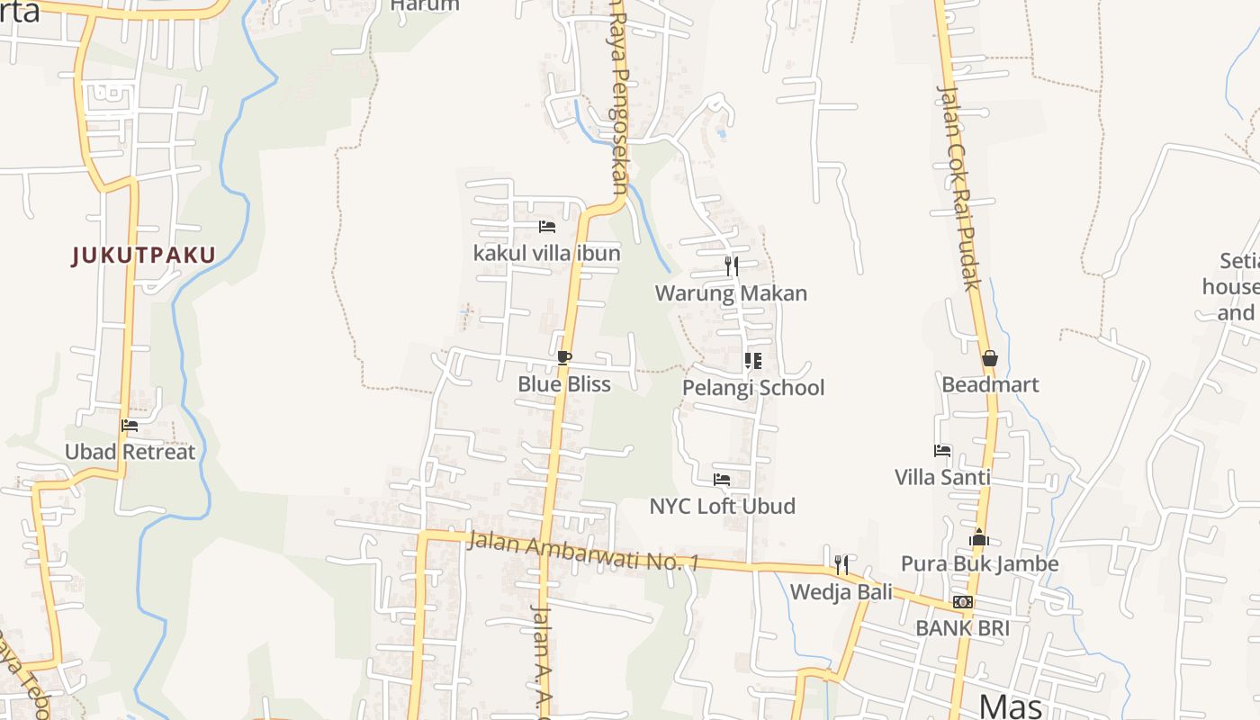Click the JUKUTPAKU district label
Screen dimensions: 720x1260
tap(144, 256)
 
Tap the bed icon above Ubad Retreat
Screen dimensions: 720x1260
tap(130, 426)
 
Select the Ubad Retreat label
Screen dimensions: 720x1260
tap(130, 452)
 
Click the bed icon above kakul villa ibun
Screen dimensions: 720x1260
tap(546, 227)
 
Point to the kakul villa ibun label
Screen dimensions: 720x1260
tap(546, 253)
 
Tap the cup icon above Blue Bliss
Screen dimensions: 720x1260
tap(563, 358)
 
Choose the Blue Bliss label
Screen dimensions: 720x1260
tap(563, 384)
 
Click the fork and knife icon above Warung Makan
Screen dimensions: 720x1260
tap(731, 265)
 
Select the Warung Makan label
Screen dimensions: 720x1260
tap(731, 293)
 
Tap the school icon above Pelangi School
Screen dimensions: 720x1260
tap(753, 361)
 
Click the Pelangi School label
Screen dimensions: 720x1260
tap(753, 388)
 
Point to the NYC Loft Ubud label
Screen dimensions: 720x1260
tap(722, 506)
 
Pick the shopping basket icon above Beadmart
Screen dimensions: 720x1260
tap(990, 358)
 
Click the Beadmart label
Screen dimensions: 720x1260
tap(990, 385)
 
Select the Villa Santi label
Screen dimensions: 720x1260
tap(942, 477)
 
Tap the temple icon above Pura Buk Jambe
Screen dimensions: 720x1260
tap(979, 538)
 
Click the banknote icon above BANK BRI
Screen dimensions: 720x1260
tap(962, 602)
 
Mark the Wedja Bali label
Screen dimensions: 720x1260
tap(841, 591)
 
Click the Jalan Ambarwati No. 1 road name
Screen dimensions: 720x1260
tap(583, 551)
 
